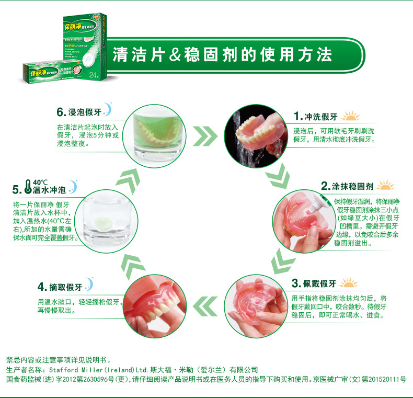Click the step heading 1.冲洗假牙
316,116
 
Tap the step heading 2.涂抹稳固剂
347,186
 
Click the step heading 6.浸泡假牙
78,112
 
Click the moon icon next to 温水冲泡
73,185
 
